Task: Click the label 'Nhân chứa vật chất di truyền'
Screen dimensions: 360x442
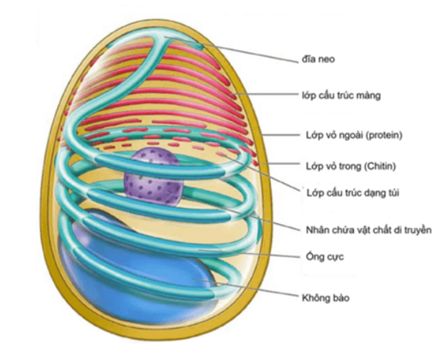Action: [x=366, y=230]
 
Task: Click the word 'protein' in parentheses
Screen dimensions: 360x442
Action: [x=386, y=136]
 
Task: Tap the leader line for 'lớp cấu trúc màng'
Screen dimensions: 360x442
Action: [x=272, y=94]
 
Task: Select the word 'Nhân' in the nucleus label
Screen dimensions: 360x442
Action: [x=317, y=230]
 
